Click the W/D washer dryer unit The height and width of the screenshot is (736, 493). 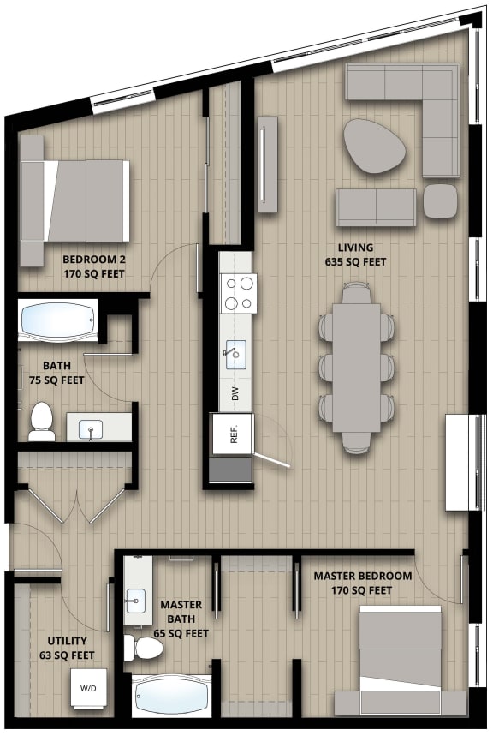(x=89, y=688)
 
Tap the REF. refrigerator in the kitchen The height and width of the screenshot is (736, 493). (x=233, y=434)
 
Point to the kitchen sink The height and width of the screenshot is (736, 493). (x=235, y=352)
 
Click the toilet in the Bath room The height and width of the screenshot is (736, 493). (x=42, y=422)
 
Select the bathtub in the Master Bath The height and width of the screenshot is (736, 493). (x=170, y=696)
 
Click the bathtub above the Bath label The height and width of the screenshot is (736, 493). (x=56, y=321)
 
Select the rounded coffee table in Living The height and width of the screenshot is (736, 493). (x=375, y=147)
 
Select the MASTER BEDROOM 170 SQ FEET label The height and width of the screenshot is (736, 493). (x=362, y=583)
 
